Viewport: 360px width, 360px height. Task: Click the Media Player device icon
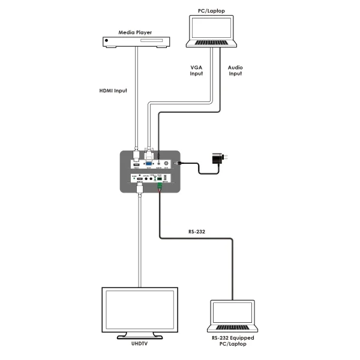pyautogui.click(x=136, y=41)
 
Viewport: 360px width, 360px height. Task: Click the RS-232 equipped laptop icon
pyautogui.click(x=232, y=314)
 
